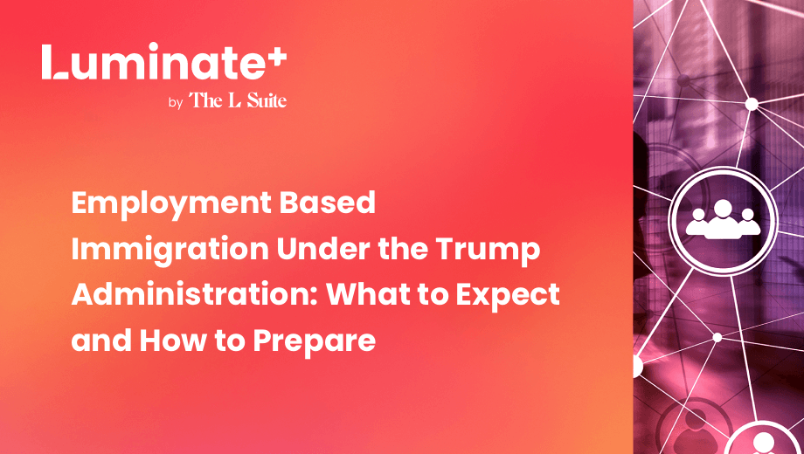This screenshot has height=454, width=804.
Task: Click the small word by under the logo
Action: click(x=176, y=103)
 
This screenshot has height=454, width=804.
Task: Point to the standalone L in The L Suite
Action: click(x=234, y=100)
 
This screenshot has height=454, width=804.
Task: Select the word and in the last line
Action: click(x=101, y=340)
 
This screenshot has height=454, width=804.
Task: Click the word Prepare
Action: click(x=315, y=342)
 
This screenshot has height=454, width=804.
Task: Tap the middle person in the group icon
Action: click(x=723, y=220)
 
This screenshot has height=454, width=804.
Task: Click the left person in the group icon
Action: click(x=698, y=224)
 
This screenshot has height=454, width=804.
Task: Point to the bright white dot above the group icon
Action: click(x=752, y=104)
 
